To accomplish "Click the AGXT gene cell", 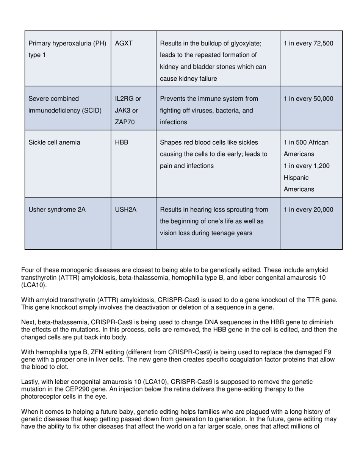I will pyautogui.click(x=124, y=43).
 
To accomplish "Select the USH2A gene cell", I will pyautogui.click(x=125, y=210).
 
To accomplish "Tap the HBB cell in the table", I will pyautogui.click(x=121, y=142).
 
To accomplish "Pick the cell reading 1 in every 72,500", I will pyautogui.click(x=308, y=43).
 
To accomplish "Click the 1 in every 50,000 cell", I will pyautogui.click(x=308, y=99).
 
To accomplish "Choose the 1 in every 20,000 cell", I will pyautogui.click(x=308, y=210).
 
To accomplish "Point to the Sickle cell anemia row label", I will pyautogui.click(x=54, y=142).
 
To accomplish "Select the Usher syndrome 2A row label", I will pyautogui.click(x=57, y=210).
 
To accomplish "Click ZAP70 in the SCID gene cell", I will pyautogui.click(x=125, y=122).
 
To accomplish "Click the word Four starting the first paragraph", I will pyautogui.click(x=28, y=270).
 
